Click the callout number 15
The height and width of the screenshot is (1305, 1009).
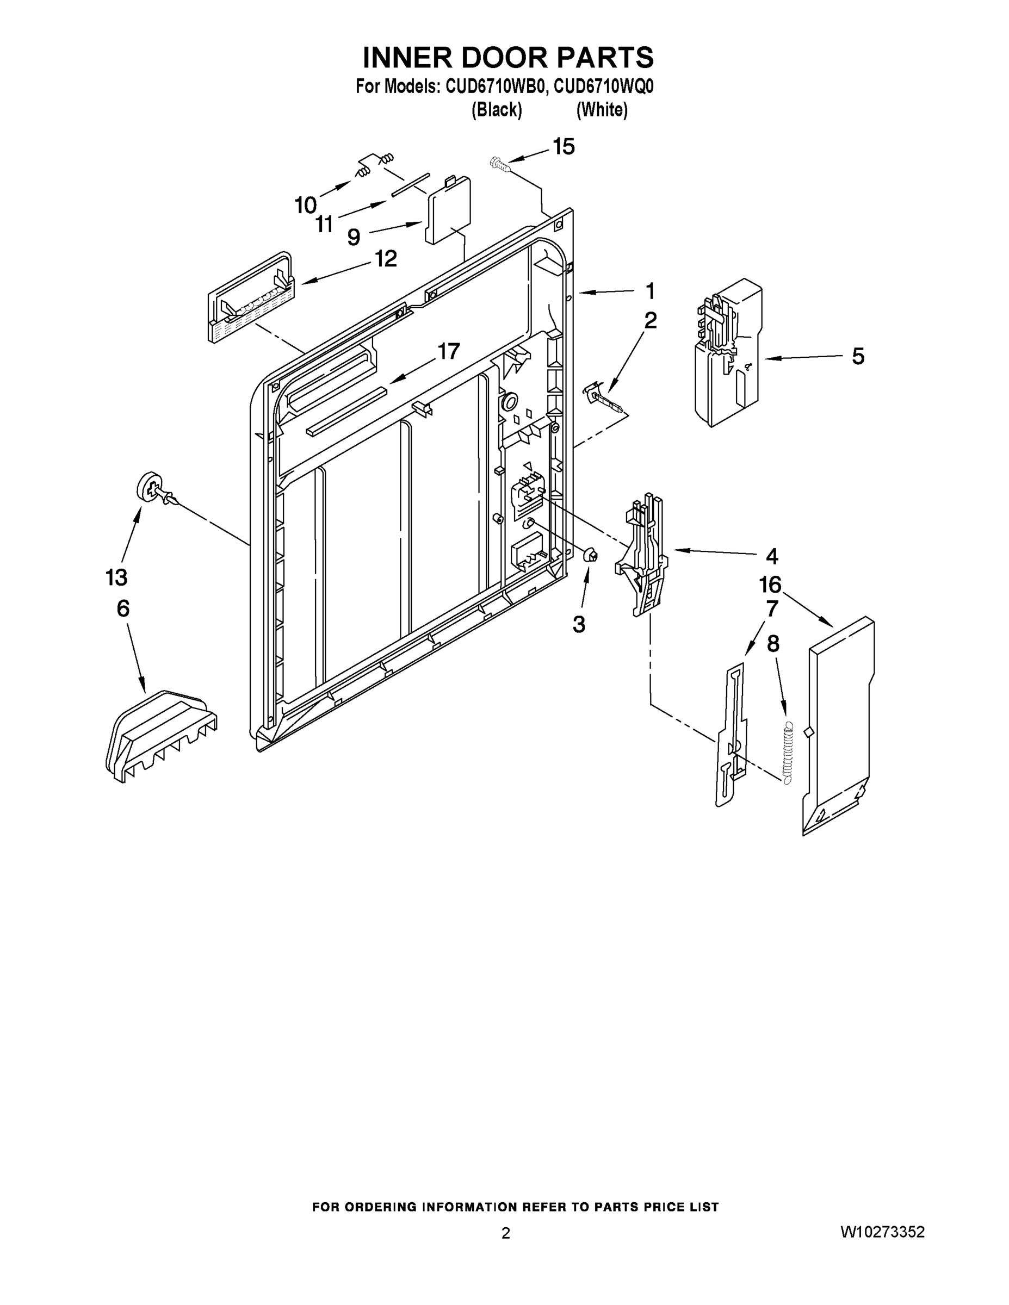pyautogui.click(x=562, y=146)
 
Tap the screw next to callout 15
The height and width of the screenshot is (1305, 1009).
pyautogui.click(x=497, y=163)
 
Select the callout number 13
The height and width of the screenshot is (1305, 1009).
pyautogui.click(x=116, y=577)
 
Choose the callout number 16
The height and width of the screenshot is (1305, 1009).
pyautogui.click(x=770, y=585)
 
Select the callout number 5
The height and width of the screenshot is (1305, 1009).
pyautogui.click(x=857, y=357)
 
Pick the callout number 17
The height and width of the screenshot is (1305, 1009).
pyautogui.click(x=448, y=351)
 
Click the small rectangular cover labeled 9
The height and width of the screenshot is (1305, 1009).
pyautogui.click(x=448, y=212)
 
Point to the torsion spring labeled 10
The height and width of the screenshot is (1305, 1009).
pyautogui.click(x=363, y=171)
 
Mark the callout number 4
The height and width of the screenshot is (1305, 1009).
pyautogui.click(x=772, y=556)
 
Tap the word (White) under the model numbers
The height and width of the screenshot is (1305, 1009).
pyautogui.click(x=602, y=110)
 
